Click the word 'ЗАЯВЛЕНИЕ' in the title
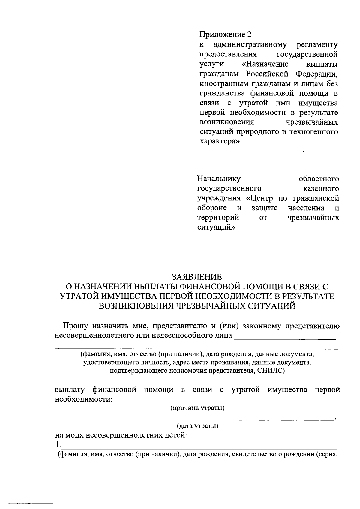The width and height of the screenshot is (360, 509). tap(197, 276)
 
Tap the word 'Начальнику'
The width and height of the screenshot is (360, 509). tap(219, 179)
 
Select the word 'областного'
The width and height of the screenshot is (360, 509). tap(319, 179)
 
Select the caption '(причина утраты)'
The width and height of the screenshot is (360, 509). tap(197, 408)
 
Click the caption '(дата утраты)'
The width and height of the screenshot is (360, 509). tap(197, 426)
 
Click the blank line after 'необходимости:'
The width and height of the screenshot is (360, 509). tap(225, 402)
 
